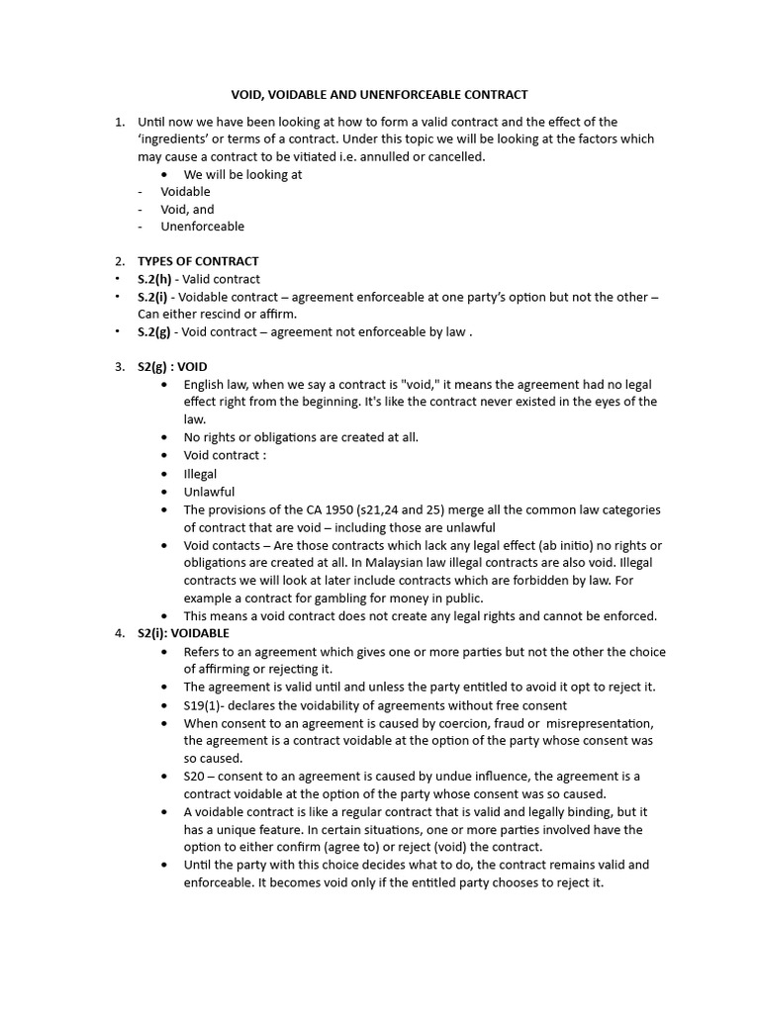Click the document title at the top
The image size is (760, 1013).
pos(379,95)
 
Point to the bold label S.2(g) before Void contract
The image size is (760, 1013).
pos(157,332)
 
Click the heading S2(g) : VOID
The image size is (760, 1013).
pos(172,366)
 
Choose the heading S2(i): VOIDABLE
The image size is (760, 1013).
pos(183,633)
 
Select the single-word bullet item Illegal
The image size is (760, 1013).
pos(200,474)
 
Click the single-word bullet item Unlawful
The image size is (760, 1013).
pos(209,492)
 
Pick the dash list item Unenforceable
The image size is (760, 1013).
pos(202,227)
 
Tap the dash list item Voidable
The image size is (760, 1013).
pos(185,191)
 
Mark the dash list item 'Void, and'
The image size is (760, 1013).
pos(187,209)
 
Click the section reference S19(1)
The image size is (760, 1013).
pos(205,705)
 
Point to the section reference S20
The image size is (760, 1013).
pos(195,777)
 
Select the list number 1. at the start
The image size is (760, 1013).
pos(119,122)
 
